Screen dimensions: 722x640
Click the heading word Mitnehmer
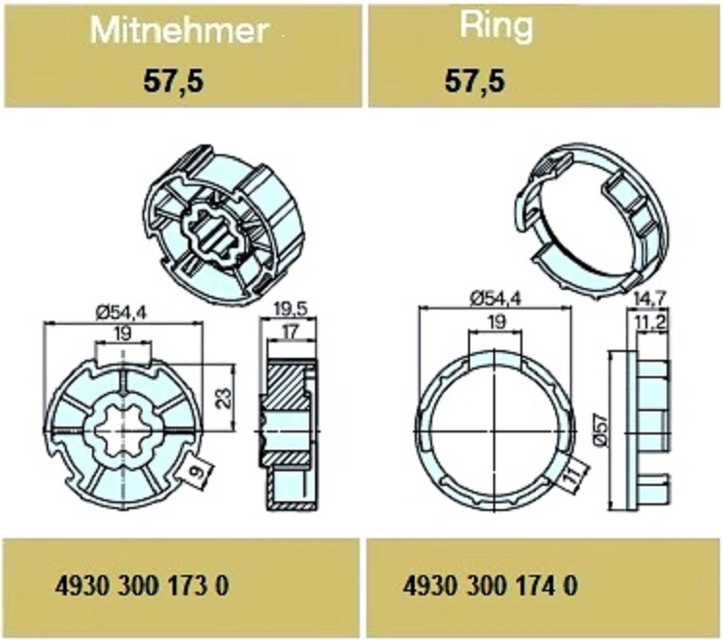coord(179,30)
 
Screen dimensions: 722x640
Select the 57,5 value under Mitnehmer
coord(173,82)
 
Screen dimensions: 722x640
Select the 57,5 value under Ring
coord(475,81)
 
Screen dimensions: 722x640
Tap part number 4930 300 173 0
coord(141,587)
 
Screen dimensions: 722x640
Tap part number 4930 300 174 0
coord(489,586)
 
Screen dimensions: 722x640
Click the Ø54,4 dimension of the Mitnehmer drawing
coord(121,314)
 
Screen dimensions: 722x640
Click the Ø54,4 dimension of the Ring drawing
coord(495,299)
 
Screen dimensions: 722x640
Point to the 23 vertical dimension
coord(224,399)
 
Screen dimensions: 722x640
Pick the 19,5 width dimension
coord(290,309)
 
